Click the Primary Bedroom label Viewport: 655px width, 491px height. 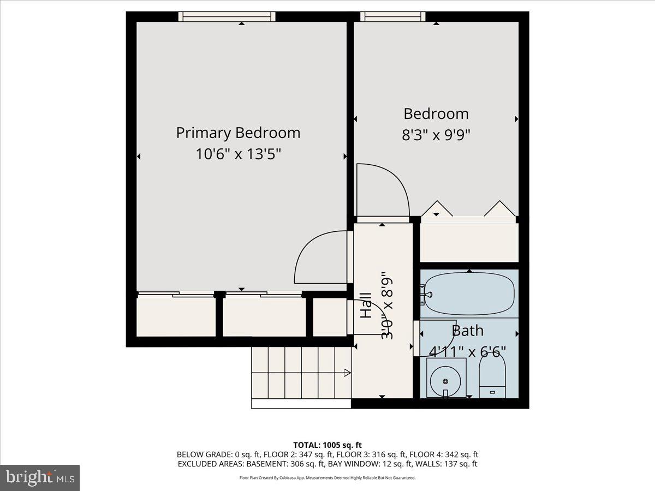click(238, 133)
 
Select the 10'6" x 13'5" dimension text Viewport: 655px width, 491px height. click(238, 154)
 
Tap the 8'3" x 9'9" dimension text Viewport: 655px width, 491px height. click(436, 135)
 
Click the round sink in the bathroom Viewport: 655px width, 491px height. click(446, 378)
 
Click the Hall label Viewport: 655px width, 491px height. click(366, 306)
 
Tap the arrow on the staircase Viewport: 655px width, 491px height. click(346, 373)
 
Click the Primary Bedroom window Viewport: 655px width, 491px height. click(227, 17)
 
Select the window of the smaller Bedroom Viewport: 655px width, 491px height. click(392, 17)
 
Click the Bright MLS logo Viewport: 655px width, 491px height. click(40, 478)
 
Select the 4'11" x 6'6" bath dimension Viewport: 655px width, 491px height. click(467, 350)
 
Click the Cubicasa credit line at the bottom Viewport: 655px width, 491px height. click(327, 478)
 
